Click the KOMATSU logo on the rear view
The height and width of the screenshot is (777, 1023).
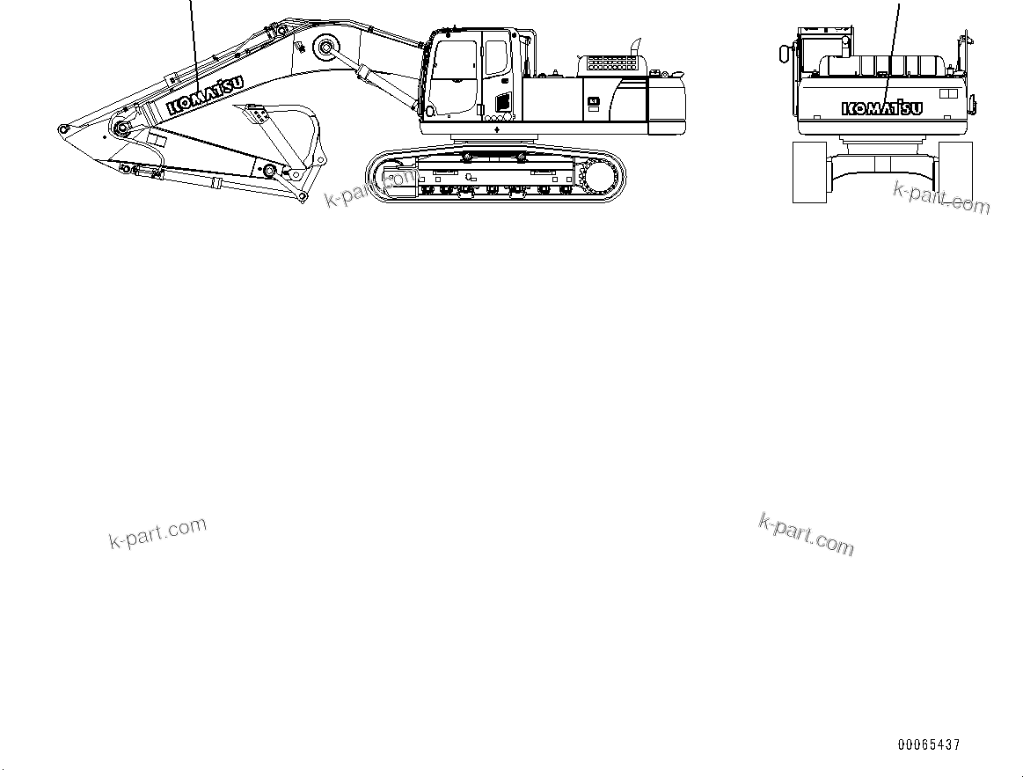click(x=881, y=108)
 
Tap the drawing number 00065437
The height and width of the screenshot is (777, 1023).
click(x=929, y=744)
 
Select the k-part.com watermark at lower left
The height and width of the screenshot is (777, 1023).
click(x=157, y=532)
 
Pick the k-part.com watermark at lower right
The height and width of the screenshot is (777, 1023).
click(x=806, y=534)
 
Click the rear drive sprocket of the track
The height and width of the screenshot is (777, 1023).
click(x=602, y=180)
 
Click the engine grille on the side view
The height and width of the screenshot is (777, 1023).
click(x=611, y=63)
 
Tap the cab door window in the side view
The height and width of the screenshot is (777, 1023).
click(x=496, y=57)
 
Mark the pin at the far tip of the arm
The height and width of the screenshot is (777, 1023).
click(x=63, y=129)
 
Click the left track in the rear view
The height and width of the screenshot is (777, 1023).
click(x=810, y=172)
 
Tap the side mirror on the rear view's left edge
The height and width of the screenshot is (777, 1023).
click(x=783, y=55)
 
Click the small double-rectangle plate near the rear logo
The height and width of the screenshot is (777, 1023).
click(x=948, y=93)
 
